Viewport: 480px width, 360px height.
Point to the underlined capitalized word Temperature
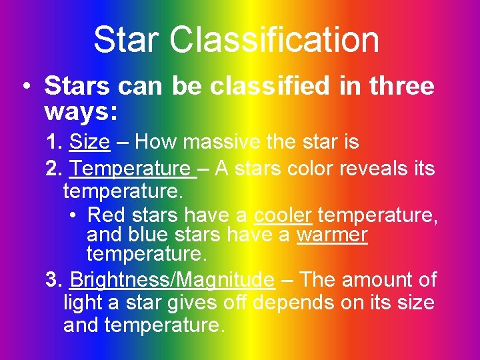point(133,169)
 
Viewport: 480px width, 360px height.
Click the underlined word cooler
point(283,215)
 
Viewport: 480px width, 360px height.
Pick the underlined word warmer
point(332,235)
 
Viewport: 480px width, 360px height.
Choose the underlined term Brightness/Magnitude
point(171,280)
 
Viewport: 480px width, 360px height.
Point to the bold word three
point(401,87)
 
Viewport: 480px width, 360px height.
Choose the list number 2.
point(53,169)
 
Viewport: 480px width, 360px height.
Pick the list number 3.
point(53,280)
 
